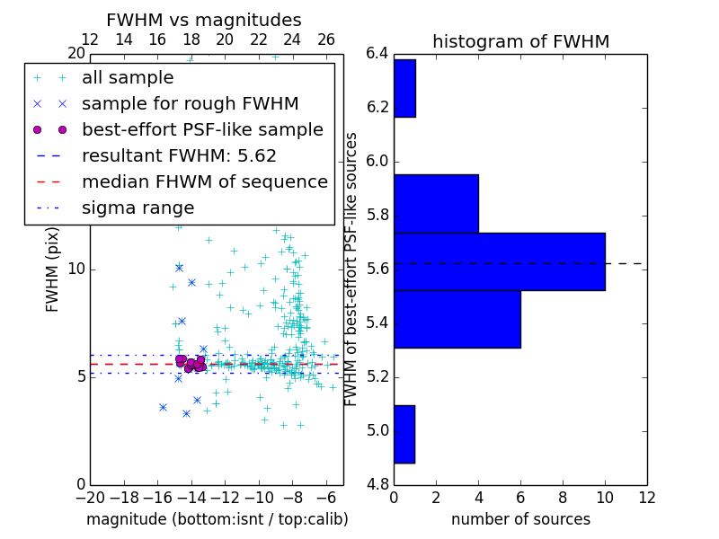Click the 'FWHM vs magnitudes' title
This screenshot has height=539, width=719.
pos(203,20)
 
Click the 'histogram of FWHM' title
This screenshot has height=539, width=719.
pos(520,41)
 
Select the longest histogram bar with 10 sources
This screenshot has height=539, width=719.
pos(499,261)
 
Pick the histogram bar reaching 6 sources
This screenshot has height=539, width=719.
pos(457,319)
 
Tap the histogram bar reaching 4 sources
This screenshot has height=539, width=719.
pos(436,203)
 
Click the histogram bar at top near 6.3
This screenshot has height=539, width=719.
pos(404,88)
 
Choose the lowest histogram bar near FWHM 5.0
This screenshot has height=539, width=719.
pos(404,434)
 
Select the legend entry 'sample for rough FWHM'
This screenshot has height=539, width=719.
pos(190,103)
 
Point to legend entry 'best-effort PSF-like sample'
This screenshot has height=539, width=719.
pos(202,129)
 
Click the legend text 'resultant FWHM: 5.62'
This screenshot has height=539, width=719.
pos(179,155)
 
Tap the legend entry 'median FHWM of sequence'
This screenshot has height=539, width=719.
pos(204,181)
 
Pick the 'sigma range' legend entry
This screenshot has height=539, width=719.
pos(138,208)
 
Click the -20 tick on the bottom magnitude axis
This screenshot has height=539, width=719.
pos(90,497)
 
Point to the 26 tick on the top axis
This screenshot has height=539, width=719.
pos(326,40)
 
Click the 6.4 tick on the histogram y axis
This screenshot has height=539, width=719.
pos(377,53)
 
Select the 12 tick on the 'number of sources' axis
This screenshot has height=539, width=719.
pos(646,497)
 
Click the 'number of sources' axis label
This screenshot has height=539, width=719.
pos(520,519)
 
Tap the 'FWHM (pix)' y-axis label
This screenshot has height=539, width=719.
pos(53,269)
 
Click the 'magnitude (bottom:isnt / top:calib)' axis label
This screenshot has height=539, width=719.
pos(217,519)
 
